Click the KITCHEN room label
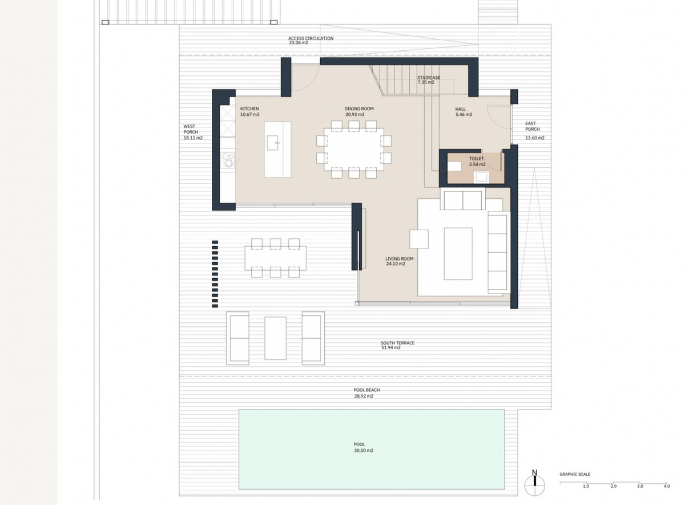[249, 109]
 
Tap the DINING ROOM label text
[359, 109]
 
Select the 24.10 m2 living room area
[396, 263]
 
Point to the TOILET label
[477, 159]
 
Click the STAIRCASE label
[429, 78]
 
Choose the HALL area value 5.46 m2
[464, 114]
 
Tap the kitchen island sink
[273, 143]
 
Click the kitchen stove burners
[228, 160]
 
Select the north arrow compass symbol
[534, 485]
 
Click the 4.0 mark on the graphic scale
[667, 486]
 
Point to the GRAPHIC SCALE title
[575, 474]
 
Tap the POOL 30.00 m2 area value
[364, 450]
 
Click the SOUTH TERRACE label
[397, 343]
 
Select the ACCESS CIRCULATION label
[311, 38]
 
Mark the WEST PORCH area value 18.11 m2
[193, 138]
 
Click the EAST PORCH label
[533, 126]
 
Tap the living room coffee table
[458, 254]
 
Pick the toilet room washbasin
[481, 177]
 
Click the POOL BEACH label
[366, 390]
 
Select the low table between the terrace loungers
[275, 338]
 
